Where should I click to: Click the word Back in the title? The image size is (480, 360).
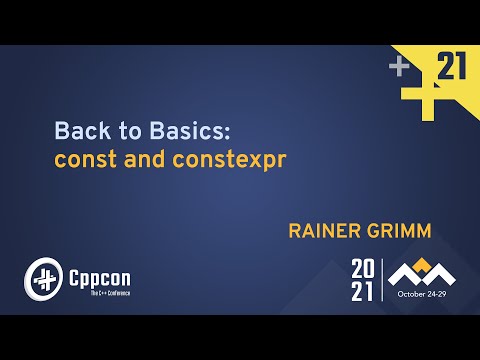(75, 131)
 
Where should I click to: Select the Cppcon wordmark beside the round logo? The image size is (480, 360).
(98, 273)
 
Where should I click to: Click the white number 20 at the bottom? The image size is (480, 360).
(364, 268)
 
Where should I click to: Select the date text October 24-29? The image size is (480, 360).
(424, 295)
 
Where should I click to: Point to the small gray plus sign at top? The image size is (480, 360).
(399, 67)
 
